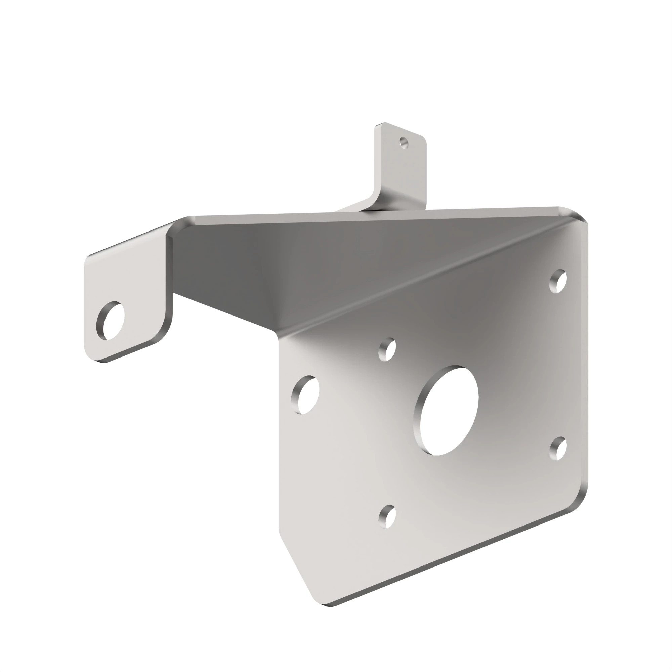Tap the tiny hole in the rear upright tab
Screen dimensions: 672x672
(404, 142)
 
